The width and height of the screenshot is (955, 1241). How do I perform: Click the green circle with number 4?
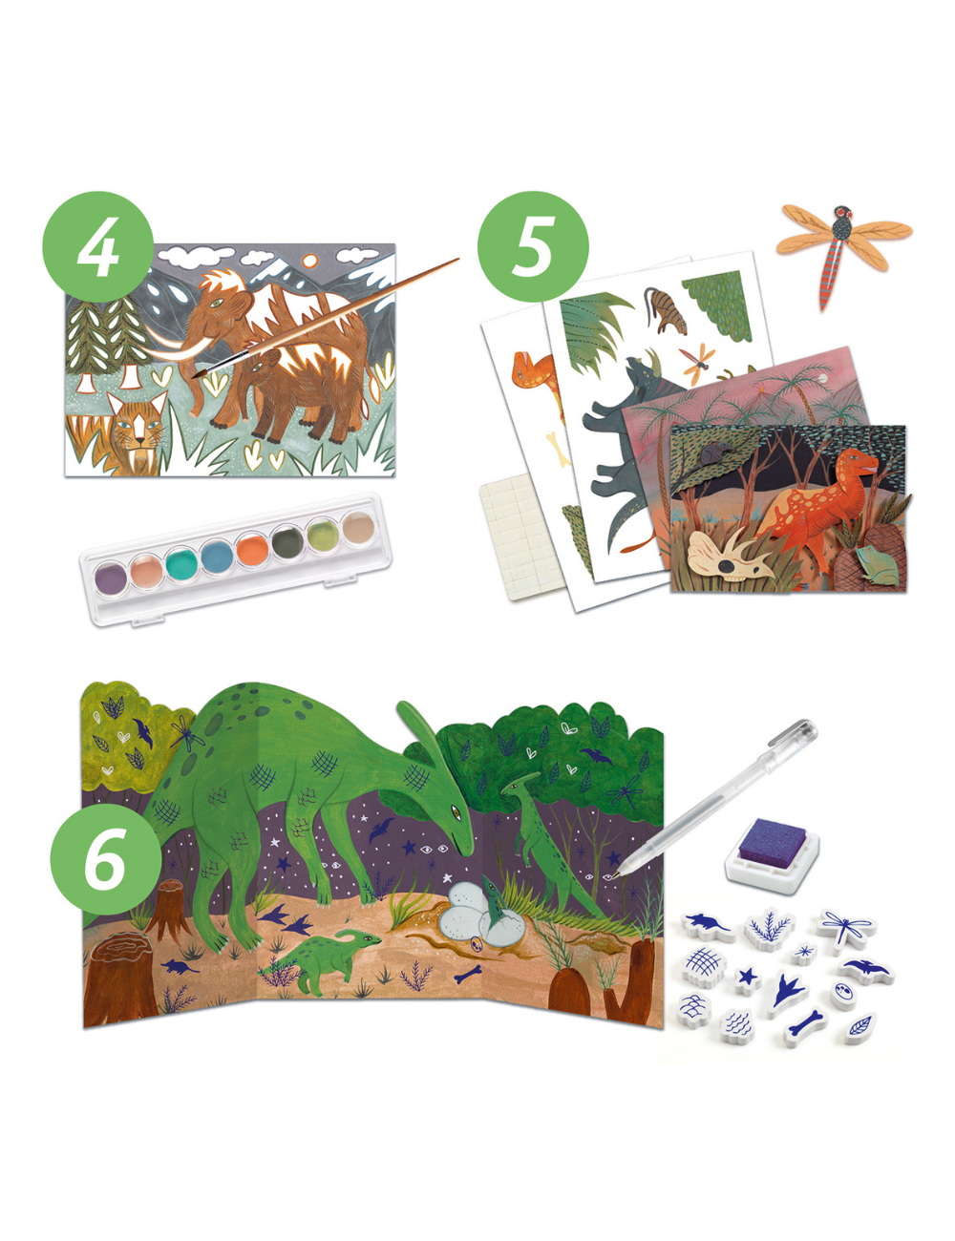(97, 246)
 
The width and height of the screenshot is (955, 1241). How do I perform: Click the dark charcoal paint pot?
(286, 541)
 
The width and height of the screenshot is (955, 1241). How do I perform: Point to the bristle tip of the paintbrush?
(200, 374)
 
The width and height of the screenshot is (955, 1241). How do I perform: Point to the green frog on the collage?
(873, 559)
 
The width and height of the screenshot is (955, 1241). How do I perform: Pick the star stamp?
(747, 978)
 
